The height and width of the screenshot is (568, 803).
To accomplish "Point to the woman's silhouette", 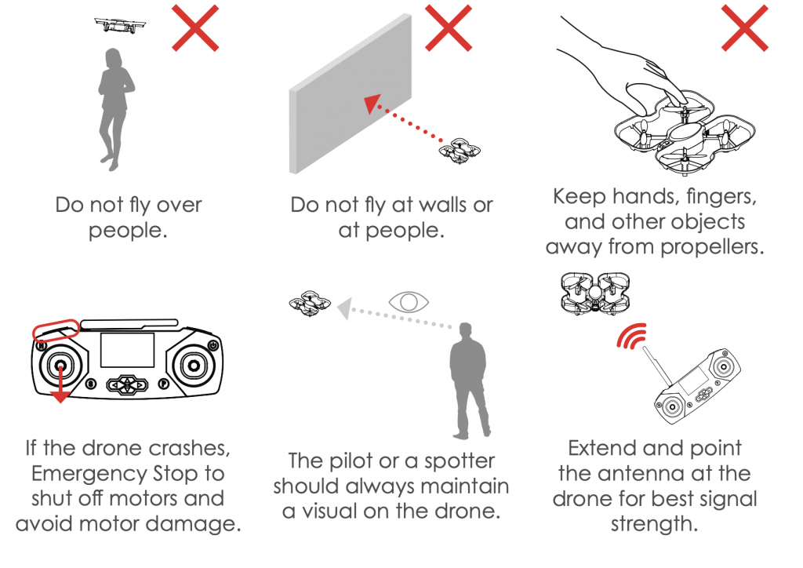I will click(x=113, y=110).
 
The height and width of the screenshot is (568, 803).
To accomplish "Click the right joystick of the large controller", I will click(x=191, y=365).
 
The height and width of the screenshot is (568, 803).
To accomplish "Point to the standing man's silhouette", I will click(x=469, y=377).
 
